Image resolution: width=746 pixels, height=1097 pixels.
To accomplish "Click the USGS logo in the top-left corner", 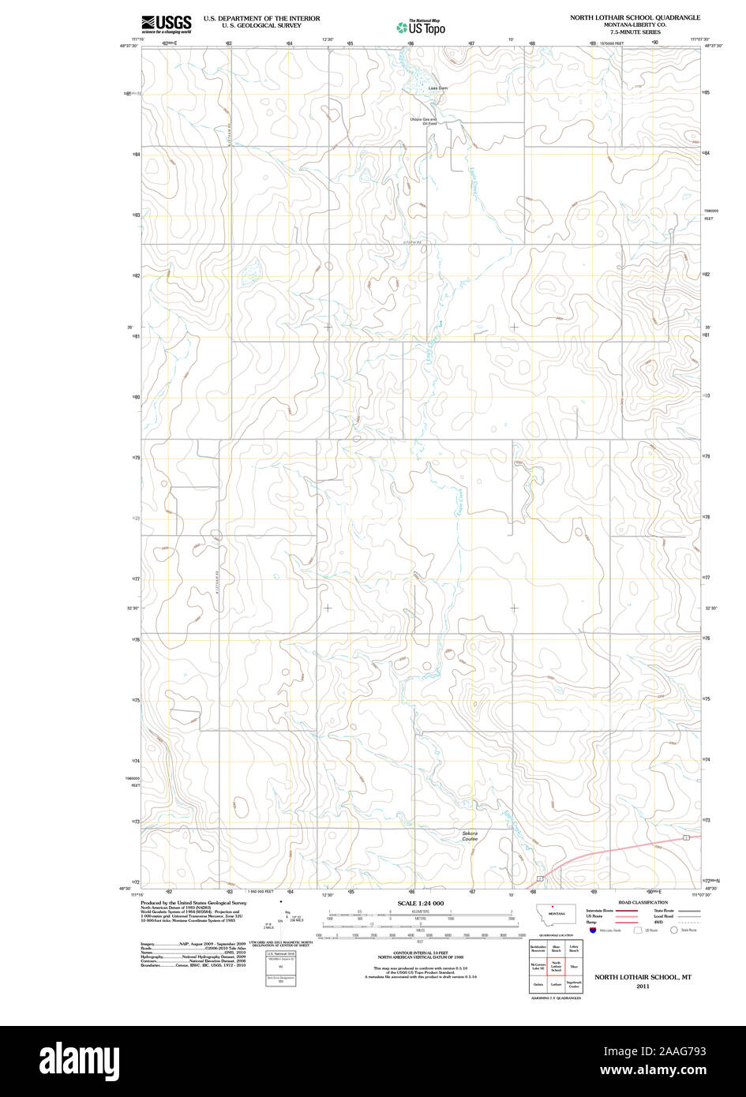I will coord(166,24).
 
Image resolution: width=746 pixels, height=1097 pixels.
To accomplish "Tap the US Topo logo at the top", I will coord(421,27).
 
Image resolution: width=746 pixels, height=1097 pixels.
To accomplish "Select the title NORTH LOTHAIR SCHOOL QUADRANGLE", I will coord(635,17).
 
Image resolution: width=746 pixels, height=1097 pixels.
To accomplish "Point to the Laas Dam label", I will coord(437,88).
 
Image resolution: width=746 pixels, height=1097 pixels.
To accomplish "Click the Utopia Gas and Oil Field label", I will coord(423,122).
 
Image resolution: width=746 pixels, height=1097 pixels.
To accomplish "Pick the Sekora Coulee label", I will coord(470,836).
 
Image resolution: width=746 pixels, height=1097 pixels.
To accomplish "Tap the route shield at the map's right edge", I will coord(687,837).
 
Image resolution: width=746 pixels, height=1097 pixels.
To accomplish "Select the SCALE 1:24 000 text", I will coord(420,903).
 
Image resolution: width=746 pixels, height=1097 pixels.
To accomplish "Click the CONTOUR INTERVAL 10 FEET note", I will coord(420,953).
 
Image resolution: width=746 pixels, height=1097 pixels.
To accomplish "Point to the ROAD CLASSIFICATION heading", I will coord(642,902).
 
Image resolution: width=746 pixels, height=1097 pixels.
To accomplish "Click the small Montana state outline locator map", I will coord(557,913).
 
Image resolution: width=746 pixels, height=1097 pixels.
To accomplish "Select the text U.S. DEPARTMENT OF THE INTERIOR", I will coord(261,17).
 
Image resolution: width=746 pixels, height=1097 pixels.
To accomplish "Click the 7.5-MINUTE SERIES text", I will coord(635,32).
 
